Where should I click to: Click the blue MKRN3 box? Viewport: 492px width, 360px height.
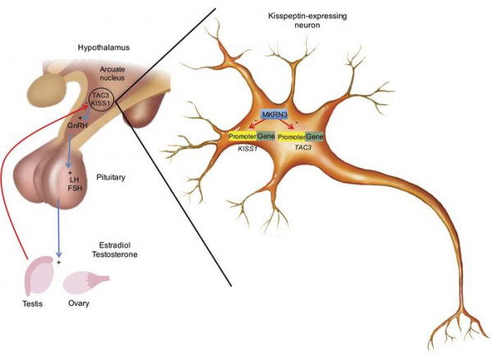(275, 115)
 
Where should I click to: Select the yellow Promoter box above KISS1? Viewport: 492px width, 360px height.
(242, 136)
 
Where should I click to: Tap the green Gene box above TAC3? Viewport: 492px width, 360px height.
(314, 137)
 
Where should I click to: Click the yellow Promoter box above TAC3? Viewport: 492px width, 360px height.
(291, 137)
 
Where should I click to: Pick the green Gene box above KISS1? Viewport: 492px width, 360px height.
(266, 136)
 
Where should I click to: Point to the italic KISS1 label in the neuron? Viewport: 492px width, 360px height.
(248, 148)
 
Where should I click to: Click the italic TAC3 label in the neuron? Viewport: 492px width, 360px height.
(303, 147)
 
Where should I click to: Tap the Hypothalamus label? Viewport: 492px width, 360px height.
(104, 48)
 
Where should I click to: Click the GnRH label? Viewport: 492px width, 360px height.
(77, 125)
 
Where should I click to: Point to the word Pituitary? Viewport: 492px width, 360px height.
(111, 177)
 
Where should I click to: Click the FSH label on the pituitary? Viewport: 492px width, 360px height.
(75, 189)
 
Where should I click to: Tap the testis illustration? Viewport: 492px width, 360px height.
(39, 276)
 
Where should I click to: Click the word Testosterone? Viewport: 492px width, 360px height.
(115, 254)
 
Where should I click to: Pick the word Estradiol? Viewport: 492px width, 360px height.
(115, 245)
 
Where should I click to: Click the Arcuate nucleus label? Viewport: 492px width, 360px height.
(112, 73)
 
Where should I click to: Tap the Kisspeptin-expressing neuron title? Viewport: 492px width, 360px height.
(307, 20)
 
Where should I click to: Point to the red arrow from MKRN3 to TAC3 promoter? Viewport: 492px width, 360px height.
(284, 124)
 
